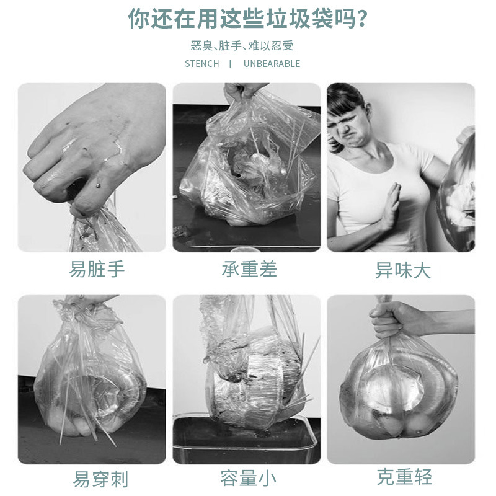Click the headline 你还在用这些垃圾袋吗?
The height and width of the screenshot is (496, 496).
click(x=247, y=19)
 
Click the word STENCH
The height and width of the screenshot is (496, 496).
click(x=201, y=63)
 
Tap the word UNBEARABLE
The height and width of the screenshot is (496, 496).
click(x=272, y=63)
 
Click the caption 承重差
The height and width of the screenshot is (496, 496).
click(x=249, y=269)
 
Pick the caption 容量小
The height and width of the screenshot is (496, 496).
click(x=248, y=478)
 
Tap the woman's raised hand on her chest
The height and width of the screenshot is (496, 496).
click(x=391, y=211)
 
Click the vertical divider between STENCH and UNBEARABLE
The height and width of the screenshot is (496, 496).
click(x=230, y=63)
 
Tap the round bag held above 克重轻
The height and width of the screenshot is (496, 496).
click(x=399, y=391)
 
